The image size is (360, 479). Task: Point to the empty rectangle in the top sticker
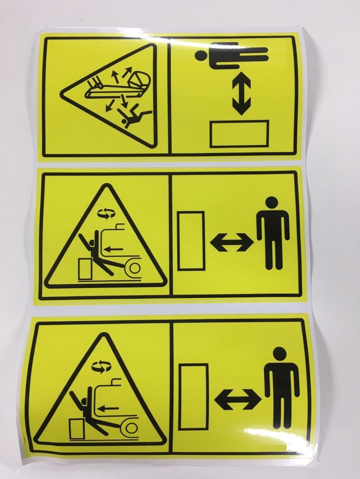click(240, 134)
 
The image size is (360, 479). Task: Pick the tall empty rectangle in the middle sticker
click(191, 241)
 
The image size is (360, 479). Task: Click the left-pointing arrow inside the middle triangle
click(115, 248)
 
